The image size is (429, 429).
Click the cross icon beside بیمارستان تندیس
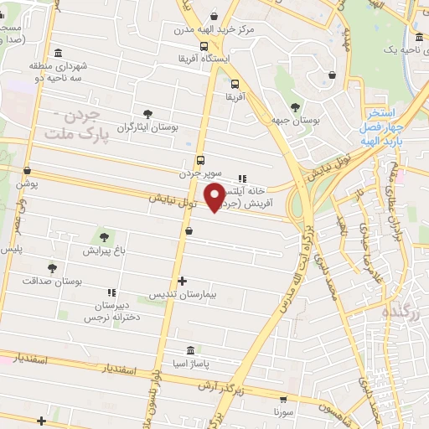(x=182, y=282)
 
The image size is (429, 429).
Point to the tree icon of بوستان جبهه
(x=295, y=107)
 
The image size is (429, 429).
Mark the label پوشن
(x=28, y=183)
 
